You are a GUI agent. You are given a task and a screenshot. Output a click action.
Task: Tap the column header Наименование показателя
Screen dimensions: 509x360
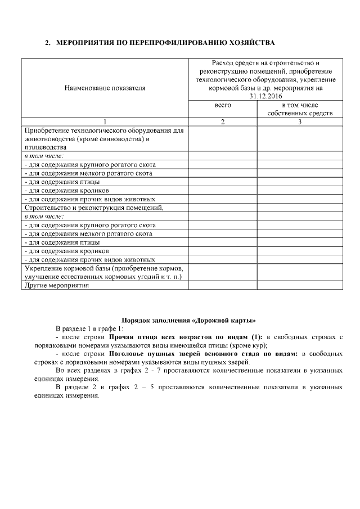click(105, 88)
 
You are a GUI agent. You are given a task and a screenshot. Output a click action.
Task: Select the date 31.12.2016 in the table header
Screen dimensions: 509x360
click(267, 96)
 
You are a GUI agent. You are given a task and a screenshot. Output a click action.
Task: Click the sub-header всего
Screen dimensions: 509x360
click(223, 105)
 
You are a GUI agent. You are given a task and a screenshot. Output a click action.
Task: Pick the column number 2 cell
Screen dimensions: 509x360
click(223, 121)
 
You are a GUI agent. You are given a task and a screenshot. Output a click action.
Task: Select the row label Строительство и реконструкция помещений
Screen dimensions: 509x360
click(93, 208)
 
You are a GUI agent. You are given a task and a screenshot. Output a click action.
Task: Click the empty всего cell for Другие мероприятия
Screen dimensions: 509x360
click(223, 285)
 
